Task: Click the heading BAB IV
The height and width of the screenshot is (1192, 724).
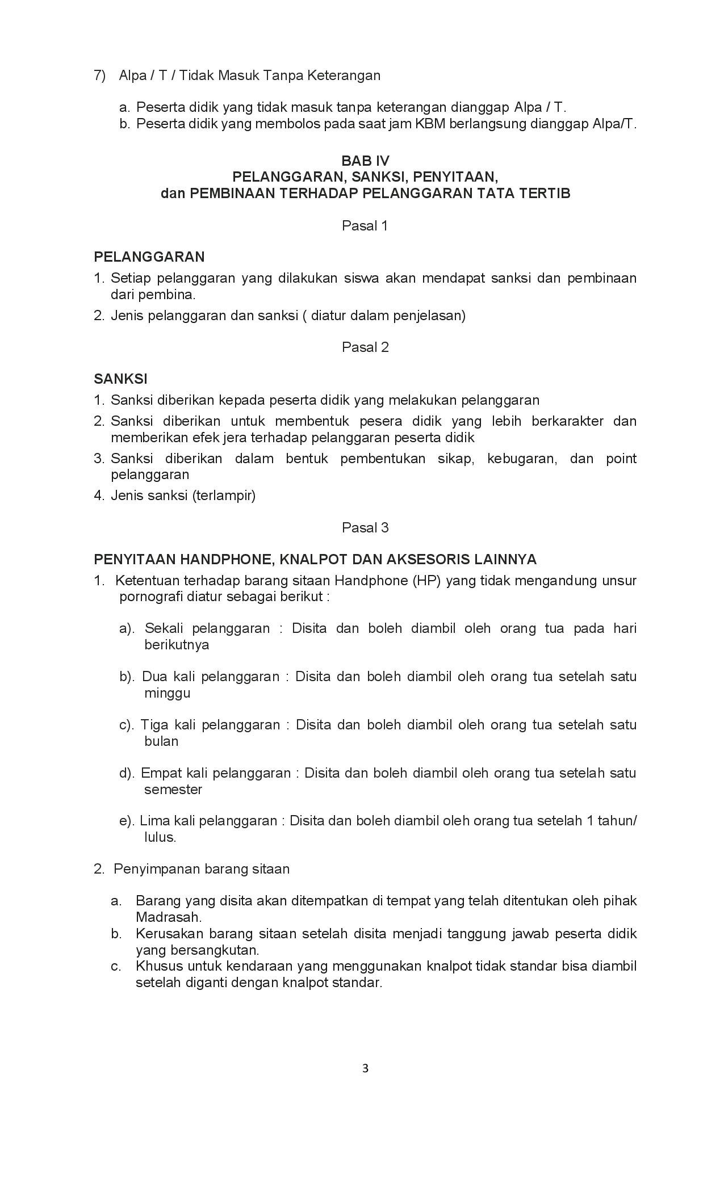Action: (x=365, y=161)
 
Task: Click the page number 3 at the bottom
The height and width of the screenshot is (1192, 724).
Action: (x=365, y=1068)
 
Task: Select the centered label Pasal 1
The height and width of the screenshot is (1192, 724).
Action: (x=365, y=226)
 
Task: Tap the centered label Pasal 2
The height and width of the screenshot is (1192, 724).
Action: (x=365, y=347)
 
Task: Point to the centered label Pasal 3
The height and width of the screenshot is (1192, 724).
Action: (x=365, y=528)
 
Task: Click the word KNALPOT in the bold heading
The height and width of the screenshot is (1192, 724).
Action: (x=313, y=560)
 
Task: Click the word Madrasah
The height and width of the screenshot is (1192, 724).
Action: (x=169, y=917)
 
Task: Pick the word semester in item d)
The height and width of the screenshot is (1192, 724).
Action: (x=173, y=790)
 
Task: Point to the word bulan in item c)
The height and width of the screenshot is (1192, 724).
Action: (x=162, y=741)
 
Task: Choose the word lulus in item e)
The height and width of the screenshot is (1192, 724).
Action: (x=160, y=837)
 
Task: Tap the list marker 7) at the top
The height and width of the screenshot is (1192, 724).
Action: (x=100, y=75)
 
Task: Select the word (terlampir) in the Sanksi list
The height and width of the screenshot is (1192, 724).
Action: (x=224, y=496)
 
